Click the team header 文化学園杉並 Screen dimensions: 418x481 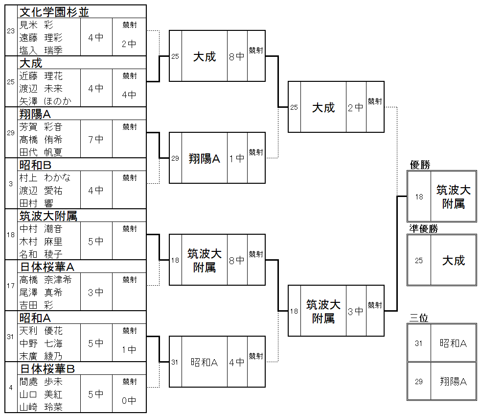tap(54, 12)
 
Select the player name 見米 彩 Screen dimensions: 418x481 tap(36, 25)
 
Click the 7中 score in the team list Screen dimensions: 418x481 tap(96, 139)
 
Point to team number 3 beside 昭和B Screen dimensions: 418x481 tap(11, 184)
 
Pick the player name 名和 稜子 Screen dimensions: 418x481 tap(41, 254)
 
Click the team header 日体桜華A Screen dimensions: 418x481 tap(47, 267)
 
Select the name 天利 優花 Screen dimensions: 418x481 tap(41, 331)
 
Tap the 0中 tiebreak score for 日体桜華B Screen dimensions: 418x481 tap(129, 400)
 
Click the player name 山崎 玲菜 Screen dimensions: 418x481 tap(41, 407)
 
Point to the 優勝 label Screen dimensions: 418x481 tap(420, 165)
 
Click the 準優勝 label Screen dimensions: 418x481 tap(424, 229)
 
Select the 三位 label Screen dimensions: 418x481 tap(419, 318)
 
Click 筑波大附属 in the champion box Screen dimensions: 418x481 tap(453, 197)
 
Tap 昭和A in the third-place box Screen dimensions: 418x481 tap(453, 344)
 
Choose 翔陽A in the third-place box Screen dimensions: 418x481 tap(453, 381)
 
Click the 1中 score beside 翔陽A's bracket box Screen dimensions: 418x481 tap(237, 158)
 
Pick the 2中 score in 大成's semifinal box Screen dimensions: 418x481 tap(356, 107)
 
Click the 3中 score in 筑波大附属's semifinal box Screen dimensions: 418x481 tap(356, 311)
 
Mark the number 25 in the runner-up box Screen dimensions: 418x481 tap(419, 261)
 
